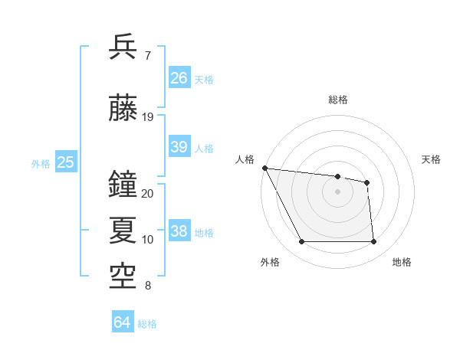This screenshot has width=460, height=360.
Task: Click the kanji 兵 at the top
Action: point(123,47)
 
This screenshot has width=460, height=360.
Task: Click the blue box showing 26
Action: point(179,78)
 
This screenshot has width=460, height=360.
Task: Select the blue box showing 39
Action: point(179,147)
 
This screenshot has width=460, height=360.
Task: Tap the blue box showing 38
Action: point(179,231)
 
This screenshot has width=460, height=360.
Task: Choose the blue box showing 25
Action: point(66,162)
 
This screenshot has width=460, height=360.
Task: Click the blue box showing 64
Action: point(123,322)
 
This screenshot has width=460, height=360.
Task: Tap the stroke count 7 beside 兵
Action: point(147,55)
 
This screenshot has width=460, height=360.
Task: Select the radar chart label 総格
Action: point(338,100)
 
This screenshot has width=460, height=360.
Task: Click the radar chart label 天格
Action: point(432,159)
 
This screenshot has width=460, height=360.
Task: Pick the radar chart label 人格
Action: point(245,159)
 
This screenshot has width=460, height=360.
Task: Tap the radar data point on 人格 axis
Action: point(264,168)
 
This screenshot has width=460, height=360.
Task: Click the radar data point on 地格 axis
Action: point(374,242)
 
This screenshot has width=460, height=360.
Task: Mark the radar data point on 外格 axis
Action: point(301,242)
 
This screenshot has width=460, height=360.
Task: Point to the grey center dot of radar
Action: point(338,191)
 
